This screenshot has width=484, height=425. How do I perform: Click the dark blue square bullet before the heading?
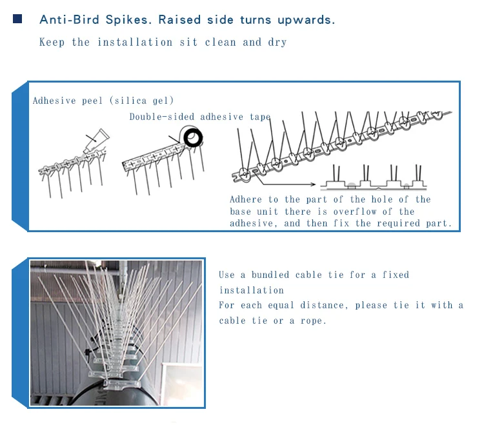pyautogui.click(x=17, y=19)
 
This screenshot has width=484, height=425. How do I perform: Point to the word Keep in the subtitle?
pyautogui.click(x=52, y=43)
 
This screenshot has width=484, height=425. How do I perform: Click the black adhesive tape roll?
pyautogui.click(x=192, y=137)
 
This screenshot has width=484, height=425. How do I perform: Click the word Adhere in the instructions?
pyautogui.click(x=246, y=200)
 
